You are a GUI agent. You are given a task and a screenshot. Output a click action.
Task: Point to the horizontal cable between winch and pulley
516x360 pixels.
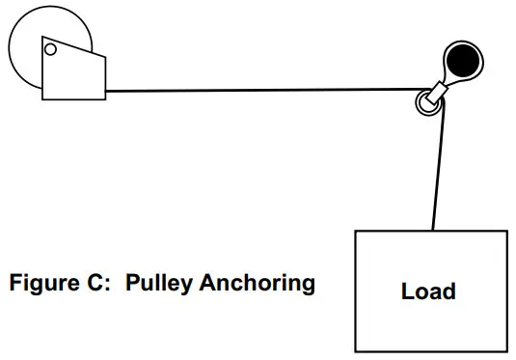(x=260, y=91)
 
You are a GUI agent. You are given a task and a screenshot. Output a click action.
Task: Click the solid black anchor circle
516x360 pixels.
(x=465, y=61)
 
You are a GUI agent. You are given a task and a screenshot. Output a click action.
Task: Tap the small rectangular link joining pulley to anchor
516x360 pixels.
(x=440, y=90)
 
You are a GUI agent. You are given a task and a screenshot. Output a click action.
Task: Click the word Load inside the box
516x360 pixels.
(x=428, y=291)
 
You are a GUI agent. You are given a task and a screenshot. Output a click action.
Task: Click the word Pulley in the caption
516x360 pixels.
(x=159, y=284)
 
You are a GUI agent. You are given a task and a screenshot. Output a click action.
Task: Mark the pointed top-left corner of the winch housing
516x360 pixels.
(x=43, y=40)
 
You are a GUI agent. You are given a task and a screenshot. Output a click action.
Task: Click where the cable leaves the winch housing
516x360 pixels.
(x=106, y=92)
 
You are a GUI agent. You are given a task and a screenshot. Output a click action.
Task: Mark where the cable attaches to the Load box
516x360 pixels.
(x=433, y=232)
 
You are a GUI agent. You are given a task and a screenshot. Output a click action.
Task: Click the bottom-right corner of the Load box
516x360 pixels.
(x=506, y=350)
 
